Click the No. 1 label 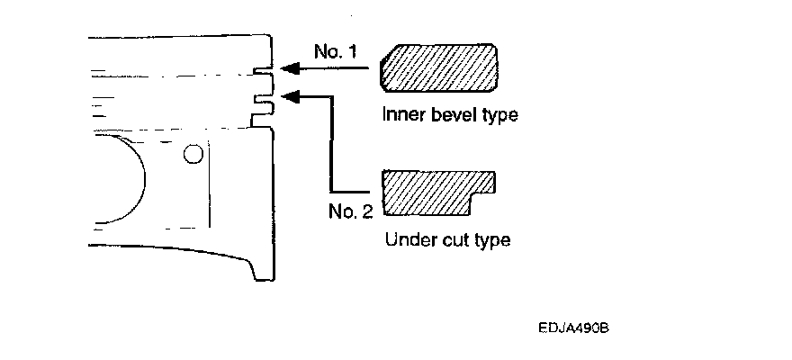point(336,52)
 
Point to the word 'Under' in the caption point(407,241)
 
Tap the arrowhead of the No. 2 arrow point(287,94)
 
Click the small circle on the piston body point(191,155)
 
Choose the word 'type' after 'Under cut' point(491,241)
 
